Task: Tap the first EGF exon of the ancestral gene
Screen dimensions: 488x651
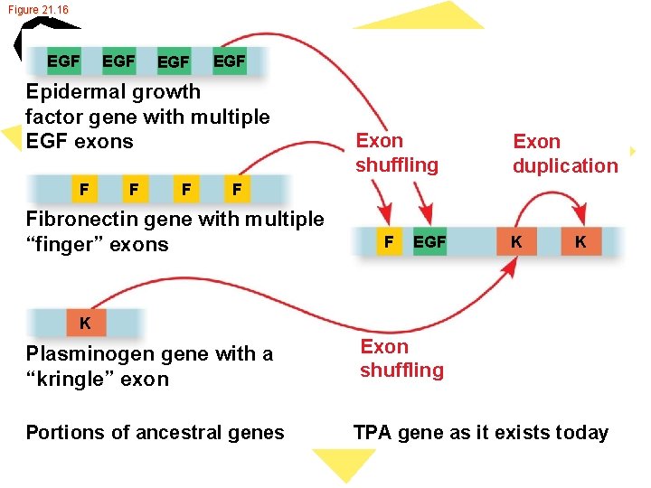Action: [x=63, y=61]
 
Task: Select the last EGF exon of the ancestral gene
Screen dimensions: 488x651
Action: [x=229, y=61]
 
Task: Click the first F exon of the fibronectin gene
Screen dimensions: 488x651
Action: [x=83, y=190]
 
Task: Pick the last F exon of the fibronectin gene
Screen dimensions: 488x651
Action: [x=237, y=190]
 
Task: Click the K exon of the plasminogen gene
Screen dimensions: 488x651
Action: [x=84, y=323]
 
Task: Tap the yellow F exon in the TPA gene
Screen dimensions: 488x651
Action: [x=389, y=241]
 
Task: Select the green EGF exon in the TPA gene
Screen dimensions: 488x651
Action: [x=429, y=241]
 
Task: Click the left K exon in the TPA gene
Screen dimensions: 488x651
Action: [x=515, y=241]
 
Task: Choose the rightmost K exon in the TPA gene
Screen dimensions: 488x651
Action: [x=580, y=241]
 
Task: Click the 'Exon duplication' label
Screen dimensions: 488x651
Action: [x=565, y=154]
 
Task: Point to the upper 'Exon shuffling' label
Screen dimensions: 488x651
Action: [x=397, y=153]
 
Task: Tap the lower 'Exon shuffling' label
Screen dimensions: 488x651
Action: [x=401, y=358]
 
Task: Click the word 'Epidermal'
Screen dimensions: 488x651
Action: [x=77, y=91]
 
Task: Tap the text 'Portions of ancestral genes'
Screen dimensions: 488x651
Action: [x=155, y=433]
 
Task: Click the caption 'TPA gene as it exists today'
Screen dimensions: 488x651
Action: [x=480, y=433]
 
